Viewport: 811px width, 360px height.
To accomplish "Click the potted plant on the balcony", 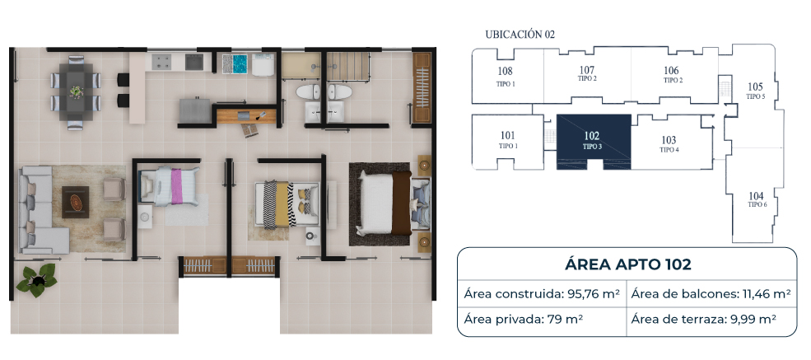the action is pyautogui.click(x=36, y=280).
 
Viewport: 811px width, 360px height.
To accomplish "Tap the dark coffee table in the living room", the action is pyautogui.click(x=75, y=202).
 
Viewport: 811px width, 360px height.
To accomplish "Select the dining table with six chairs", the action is pyautogui.click(x=76, y=92).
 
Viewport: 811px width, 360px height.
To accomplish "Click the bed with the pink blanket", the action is pyautogui.click(x=170, y=185).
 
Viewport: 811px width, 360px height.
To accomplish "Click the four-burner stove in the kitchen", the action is pyautogui.click(x=161, y=63).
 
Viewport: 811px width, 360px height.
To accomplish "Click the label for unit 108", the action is pyautogui.click(x=505, y=77).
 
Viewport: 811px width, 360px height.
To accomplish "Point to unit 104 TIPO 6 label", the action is pyautogui.click(x=756, y=199).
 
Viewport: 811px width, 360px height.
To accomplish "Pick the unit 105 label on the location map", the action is pyautogui.click(x=755, y=91).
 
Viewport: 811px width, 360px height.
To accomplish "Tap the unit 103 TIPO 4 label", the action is pyautogui.click(x=669, y=144).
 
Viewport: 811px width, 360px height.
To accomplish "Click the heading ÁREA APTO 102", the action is pyautogui.click(x=628, y=264).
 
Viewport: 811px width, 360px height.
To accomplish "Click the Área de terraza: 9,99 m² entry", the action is pyautogui.click(x=703, y=319).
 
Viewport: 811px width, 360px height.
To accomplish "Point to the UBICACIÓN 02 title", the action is pyautogui.click(x=520, y=35).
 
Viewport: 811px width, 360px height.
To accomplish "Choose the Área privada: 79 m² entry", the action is pyautogui.click(x=523, y=319).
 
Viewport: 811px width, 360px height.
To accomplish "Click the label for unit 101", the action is pyautogui.click(x=508, y=140).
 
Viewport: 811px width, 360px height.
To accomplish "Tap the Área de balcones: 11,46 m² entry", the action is pyautogui.click(x=711, y=294).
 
